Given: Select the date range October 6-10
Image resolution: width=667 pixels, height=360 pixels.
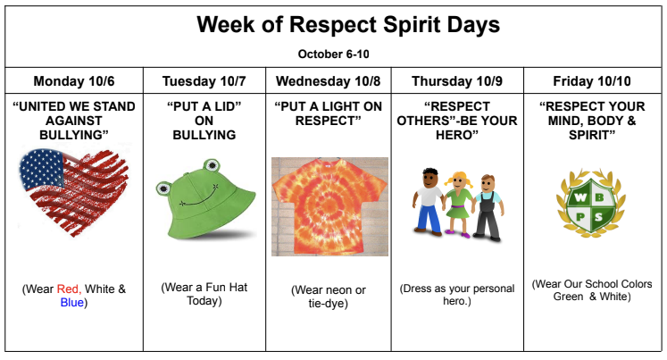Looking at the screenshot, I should click(333, 53).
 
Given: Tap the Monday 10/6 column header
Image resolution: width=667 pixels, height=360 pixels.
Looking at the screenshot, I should click(74, 81).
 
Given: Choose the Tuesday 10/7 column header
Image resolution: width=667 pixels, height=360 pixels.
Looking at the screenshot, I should click(204, 81).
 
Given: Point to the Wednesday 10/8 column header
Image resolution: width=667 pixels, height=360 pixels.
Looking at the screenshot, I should click(328, 81).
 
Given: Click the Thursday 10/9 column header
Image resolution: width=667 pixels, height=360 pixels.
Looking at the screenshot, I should click(457, 81).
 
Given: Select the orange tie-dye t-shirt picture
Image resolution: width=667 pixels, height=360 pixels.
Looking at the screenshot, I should click(329, 206).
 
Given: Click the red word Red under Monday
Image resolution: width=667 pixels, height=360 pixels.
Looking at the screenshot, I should click(68, 289).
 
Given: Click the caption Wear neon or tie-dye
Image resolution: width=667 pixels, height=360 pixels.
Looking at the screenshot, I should click(329, 297).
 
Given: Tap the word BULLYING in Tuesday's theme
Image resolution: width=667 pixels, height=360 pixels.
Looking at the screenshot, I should click(204, 135).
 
